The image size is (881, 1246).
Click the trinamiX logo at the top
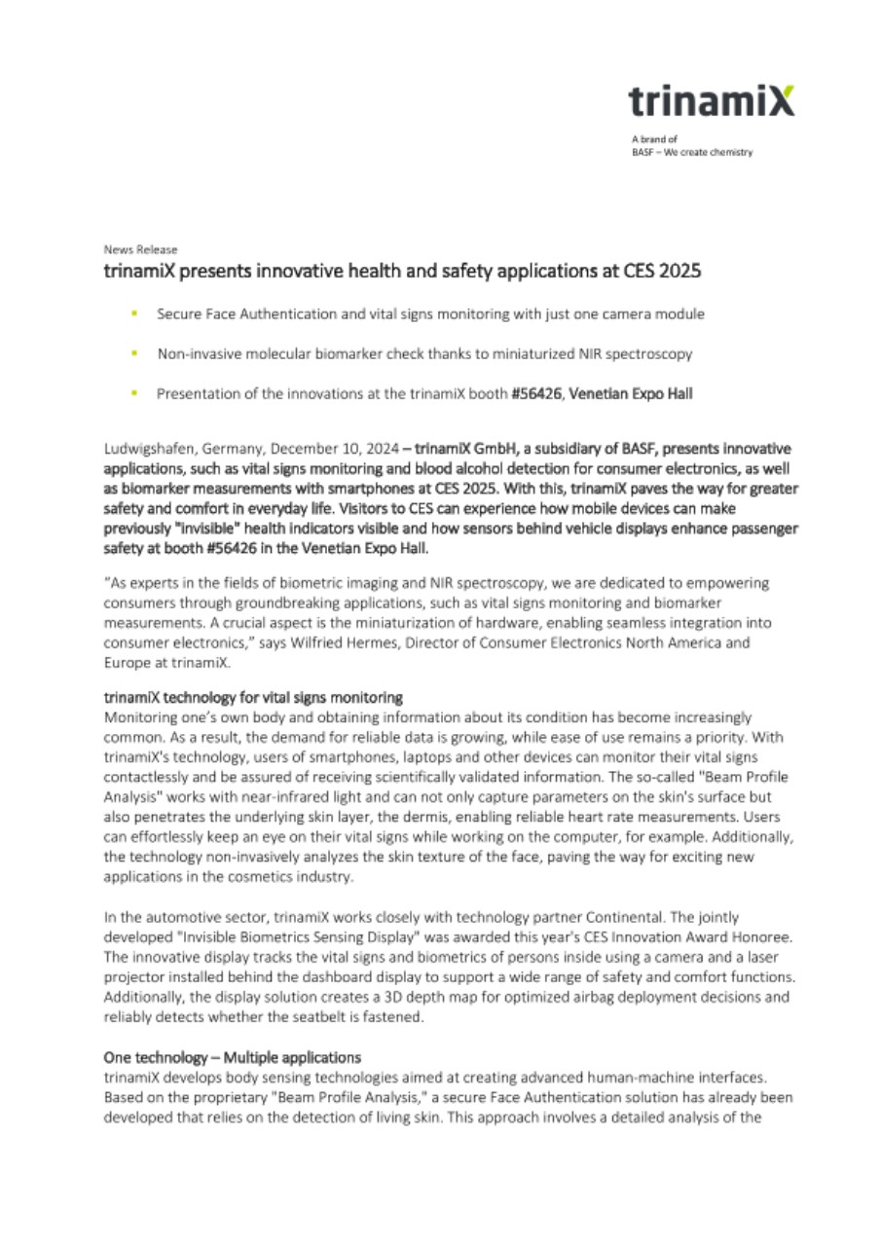click(x=710, y=101)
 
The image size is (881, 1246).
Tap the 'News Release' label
click(x=140, y=250)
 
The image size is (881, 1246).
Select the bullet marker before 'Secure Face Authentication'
click(x=133, y=314)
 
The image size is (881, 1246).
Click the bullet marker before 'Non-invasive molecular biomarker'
click(x=133, y=353)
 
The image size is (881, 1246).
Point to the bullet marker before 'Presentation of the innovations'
click(x=133, y=393)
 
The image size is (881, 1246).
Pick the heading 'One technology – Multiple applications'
click(x=233, y=1056)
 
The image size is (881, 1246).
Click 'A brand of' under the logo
click(x=647, y=139)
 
